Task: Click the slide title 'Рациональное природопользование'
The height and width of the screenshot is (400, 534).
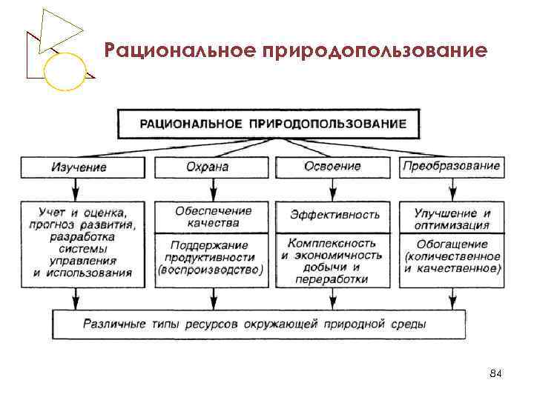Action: point(296,51)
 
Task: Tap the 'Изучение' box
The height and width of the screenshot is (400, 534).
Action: point(79,167)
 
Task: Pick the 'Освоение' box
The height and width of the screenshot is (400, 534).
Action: point(332,167)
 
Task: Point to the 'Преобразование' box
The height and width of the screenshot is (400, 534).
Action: point(451,167)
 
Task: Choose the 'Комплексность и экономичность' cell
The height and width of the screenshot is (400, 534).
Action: point(332,261)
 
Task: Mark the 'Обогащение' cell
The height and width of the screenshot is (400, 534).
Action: point(451,256)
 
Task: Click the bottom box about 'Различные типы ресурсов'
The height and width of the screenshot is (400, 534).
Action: point(259,324)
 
